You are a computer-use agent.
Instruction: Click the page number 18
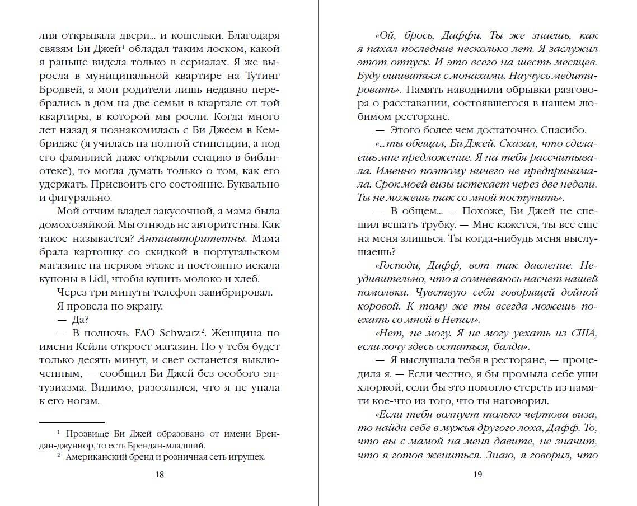(158, 475)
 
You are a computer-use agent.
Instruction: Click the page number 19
(477, 475)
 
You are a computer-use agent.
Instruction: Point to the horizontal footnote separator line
(72, 421)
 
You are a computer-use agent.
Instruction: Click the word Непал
(448, 320)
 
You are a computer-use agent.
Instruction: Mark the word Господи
(401, 265)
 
